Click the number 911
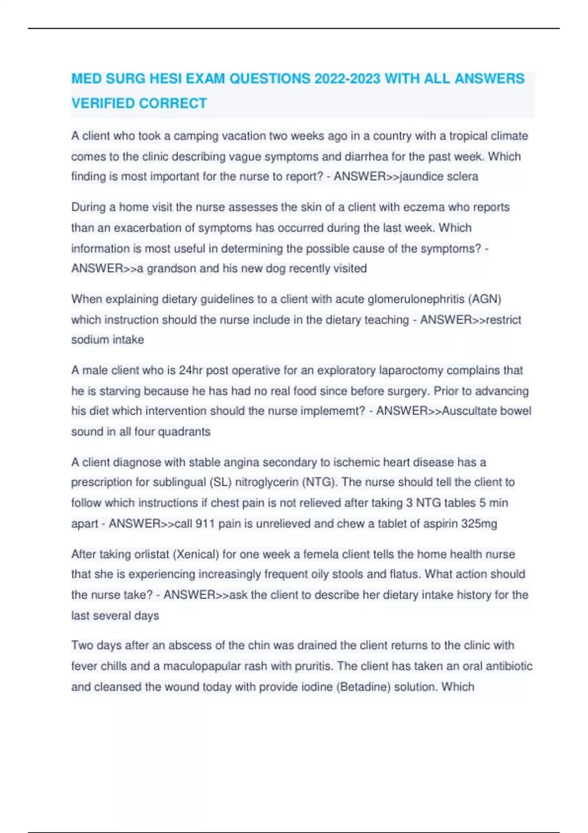pyautogui.click(x=205, y=524)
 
